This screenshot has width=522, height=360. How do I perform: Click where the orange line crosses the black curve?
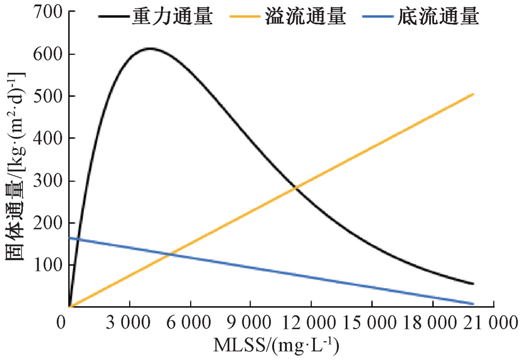point(296,188)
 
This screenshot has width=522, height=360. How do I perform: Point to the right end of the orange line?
point(473,94)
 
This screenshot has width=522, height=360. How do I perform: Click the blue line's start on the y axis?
point(70,238)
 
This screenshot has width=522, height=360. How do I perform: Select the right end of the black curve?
point(473,283)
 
